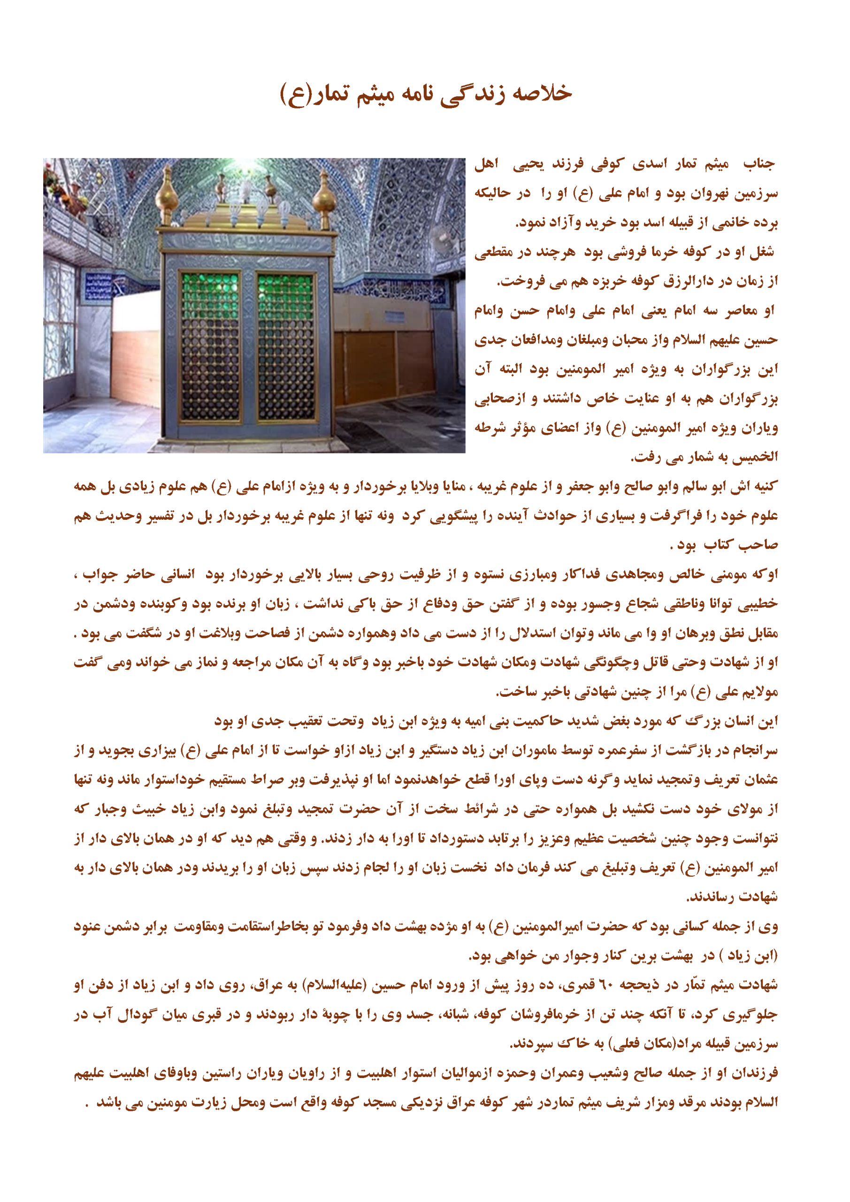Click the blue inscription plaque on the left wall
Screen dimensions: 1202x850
[98, 287]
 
